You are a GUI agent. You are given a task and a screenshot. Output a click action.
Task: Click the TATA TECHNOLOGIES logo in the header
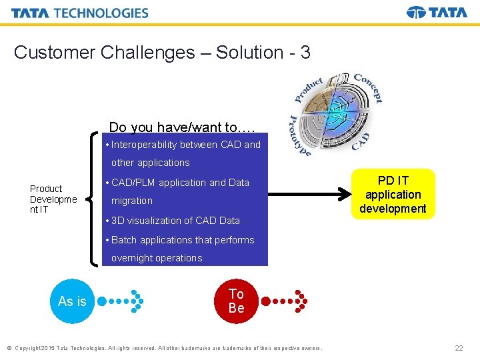pos(80,13)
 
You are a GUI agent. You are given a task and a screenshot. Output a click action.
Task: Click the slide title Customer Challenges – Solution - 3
pos(162,53)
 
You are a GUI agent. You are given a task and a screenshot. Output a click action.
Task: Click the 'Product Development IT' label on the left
pos(53,199)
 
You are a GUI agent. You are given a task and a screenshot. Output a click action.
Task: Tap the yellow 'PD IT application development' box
pos(393,195)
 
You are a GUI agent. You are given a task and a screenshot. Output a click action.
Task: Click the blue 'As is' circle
pos(72,301)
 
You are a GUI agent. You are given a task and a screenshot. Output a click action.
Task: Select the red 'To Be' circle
pos(236,301)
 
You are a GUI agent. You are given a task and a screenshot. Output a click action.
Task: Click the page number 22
pos(459,348)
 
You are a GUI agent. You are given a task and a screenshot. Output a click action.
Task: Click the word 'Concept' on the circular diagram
pos(369,87)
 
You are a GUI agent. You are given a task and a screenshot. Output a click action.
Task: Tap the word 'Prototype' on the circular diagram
pos(299,135)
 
